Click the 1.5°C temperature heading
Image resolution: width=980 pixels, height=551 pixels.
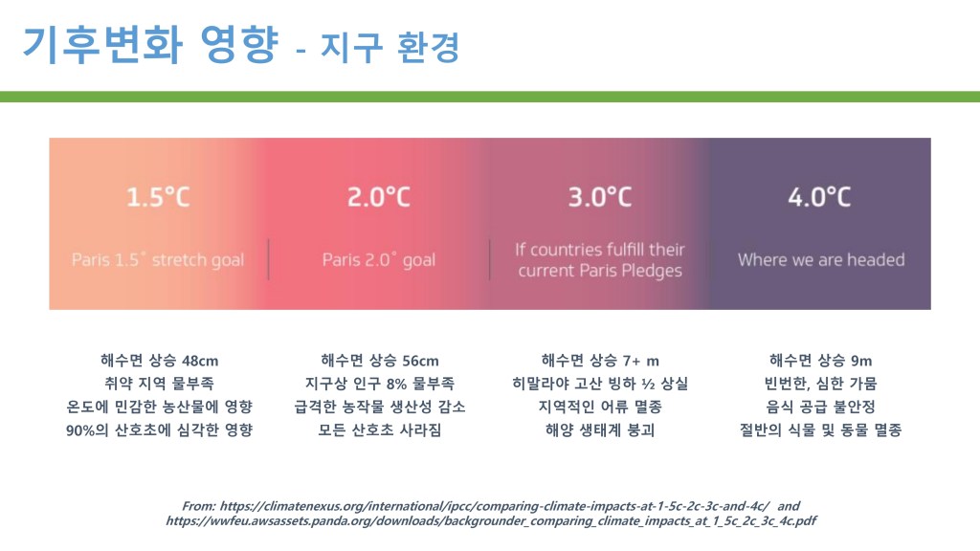[x=158, y=197]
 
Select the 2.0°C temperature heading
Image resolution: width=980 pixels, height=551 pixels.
[x=379, y=197]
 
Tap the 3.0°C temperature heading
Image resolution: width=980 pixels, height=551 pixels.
[x=600, y=197]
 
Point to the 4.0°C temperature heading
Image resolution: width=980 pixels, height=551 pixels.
[x=819, y=197]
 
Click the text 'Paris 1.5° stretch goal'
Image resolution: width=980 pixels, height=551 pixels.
[x=158, y=260]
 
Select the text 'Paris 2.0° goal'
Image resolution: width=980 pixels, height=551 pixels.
[x=379, y=260]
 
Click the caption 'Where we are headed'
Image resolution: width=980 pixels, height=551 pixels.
[x=821, y=260]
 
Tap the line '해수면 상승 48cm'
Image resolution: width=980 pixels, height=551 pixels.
[x=160, y=361]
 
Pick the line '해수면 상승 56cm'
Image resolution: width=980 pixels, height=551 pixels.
[x=380, y=361]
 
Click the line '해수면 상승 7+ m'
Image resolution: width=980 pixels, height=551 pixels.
[x=600, y=361]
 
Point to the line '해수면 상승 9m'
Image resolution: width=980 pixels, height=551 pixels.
[x=820, y=361]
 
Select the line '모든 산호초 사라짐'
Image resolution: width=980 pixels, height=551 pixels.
[x=380, y=430]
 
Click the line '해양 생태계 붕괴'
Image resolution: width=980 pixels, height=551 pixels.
[x=600, y=430]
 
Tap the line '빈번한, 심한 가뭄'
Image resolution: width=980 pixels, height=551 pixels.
[x=820, y=384]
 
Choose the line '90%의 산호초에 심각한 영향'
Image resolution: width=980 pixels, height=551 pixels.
[x=160, y=430]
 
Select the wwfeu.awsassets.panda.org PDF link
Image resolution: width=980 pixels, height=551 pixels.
[x=491, y=521]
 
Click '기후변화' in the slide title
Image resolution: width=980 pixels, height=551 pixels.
[x=102, y=45]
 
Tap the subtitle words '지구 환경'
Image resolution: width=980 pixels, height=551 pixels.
[x=390, y=47]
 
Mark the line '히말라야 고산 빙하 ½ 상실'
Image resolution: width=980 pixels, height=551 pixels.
[x=600, y=384]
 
